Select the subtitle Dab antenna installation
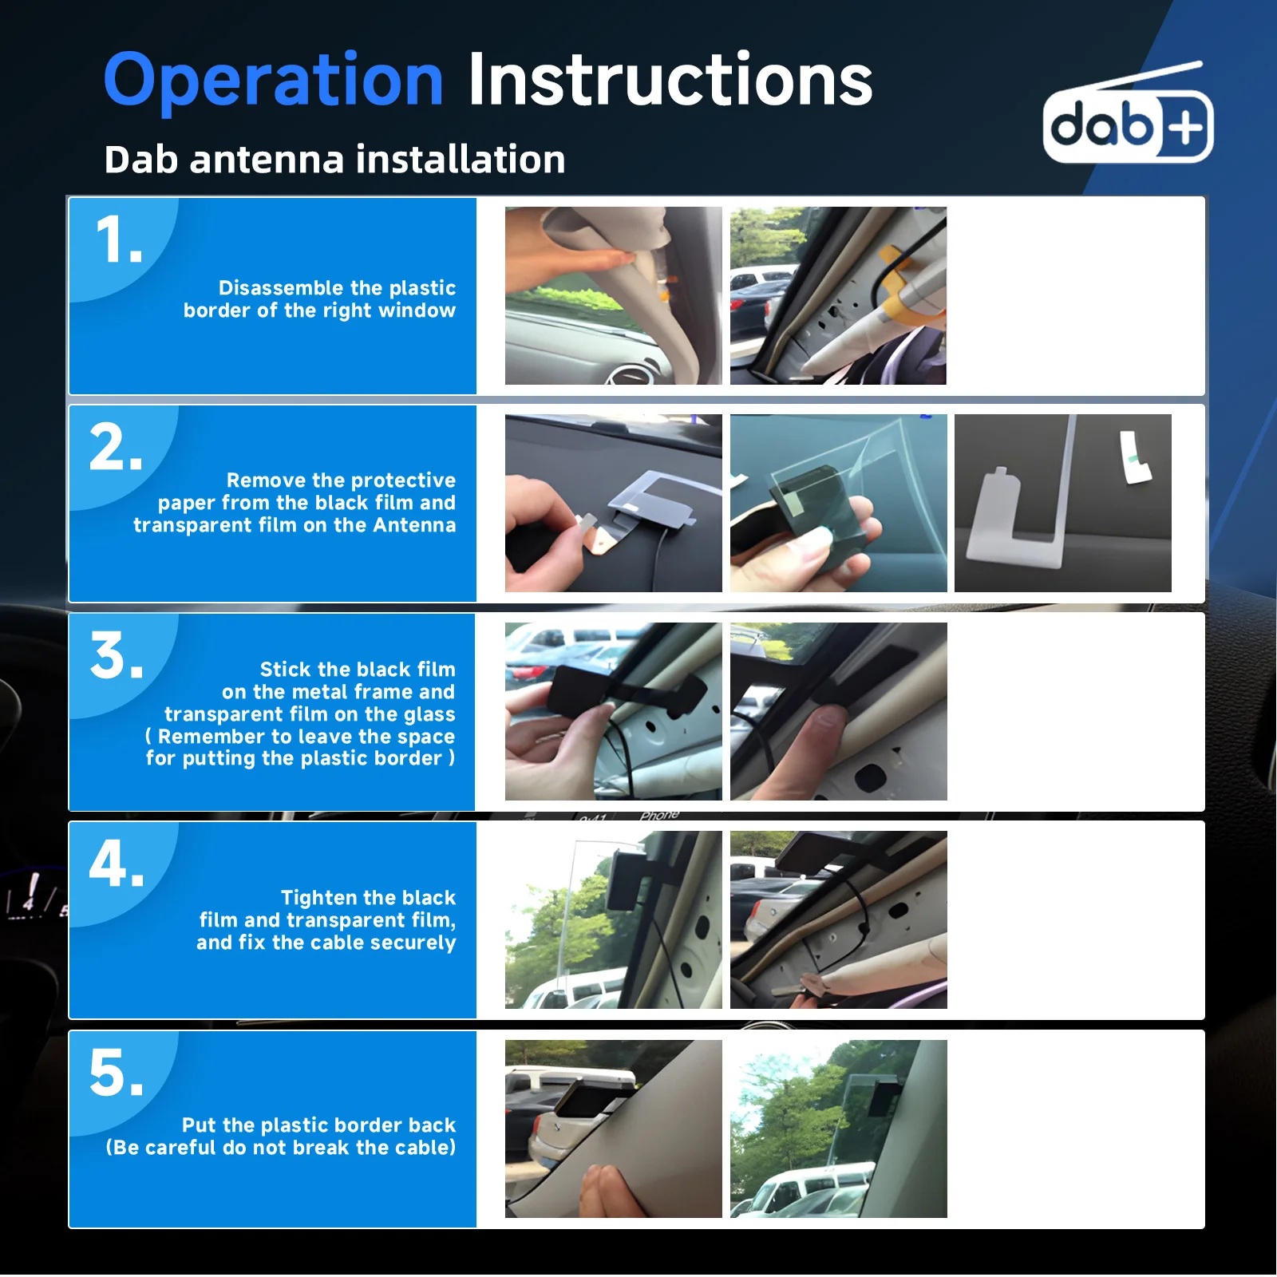tap(334, 159)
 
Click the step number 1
tap(118, 239)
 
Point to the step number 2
tap(117, 447)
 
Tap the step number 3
tap(117, 656)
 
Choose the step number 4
tap(117, 864)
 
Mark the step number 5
tap(117, 1073)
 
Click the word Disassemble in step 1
tap(282, 287)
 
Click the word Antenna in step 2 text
tap(414, 525)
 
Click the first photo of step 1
tap(614, 296)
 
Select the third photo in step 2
tap(1063, 503)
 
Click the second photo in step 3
tap(839, 711)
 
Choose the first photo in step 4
tap(614, 919)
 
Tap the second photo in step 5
tap(839, 1129)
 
